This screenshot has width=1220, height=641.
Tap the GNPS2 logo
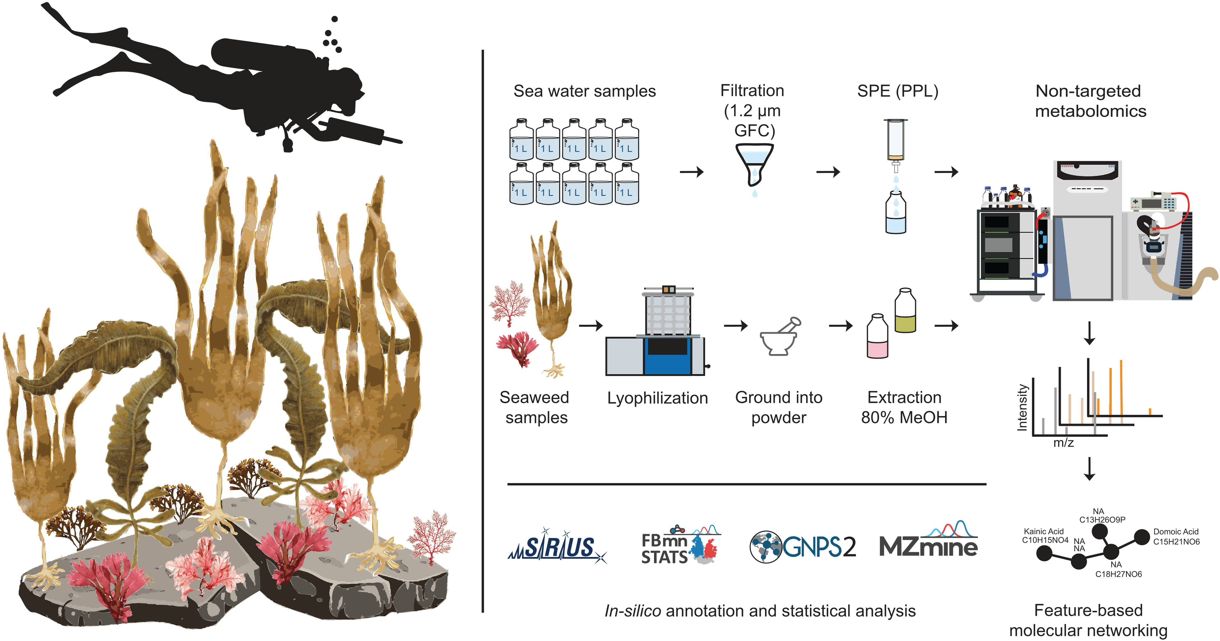coord(803,547)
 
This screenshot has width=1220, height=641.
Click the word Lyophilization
coord(657,398)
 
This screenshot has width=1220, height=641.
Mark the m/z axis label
coord(1063,443)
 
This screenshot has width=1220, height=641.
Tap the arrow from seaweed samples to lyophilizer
coord(591,325)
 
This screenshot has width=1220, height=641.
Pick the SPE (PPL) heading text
coord(897,91)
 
